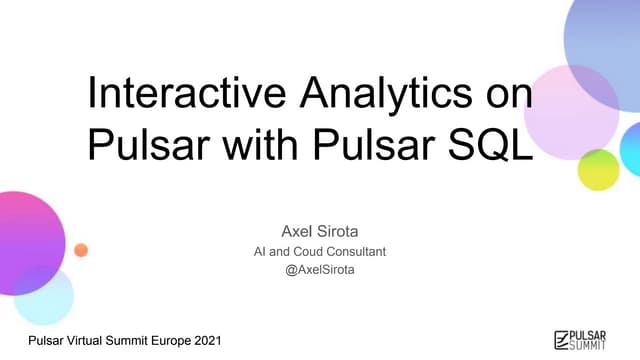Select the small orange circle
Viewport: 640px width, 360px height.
pyautogui.click(x=82, y=249)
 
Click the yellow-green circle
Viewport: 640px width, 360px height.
pyautogui.click(x=598, y=169)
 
